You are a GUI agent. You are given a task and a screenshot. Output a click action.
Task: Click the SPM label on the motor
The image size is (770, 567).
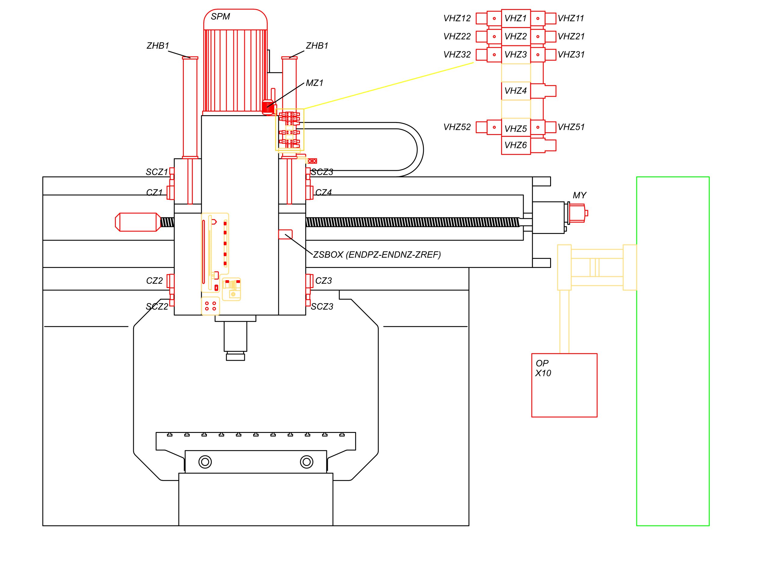pos(220,17)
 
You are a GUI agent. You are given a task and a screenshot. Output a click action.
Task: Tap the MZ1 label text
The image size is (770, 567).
pos(314,83)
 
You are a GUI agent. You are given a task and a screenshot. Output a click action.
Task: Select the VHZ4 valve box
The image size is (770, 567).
pos(516,91)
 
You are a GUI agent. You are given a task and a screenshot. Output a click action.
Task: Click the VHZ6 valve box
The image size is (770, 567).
pos(516,145)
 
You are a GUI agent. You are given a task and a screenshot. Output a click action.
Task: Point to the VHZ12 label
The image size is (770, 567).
pos(457,18)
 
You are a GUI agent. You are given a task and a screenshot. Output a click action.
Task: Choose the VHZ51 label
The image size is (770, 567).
pos(571,127)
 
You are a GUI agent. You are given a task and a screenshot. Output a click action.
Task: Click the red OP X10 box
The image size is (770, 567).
pos(564,385)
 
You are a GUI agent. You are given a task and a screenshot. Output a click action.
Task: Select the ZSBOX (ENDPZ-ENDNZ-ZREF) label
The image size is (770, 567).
pos(377,255)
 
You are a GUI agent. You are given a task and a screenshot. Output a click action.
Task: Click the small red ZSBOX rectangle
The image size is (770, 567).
pos(285,234)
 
